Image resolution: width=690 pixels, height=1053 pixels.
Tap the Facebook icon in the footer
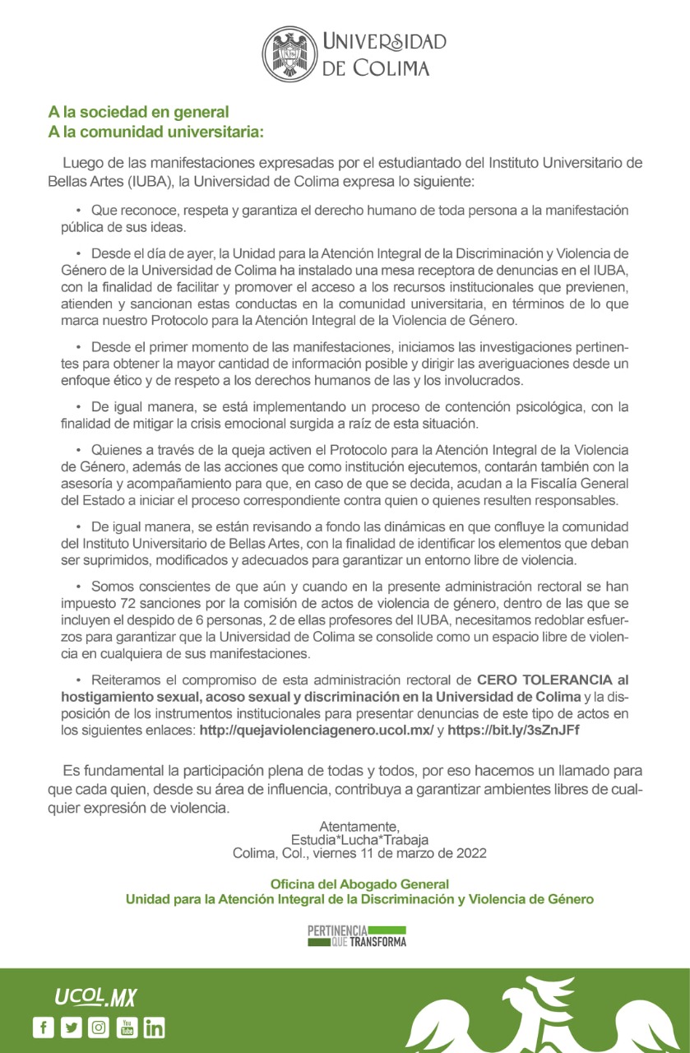pyautogui.click(x=43, y=1027)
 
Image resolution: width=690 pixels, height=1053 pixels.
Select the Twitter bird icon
pyautogui.click(x=71, y=1027)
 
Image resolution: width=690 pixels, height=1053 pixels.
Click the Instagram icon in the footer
pyautogui.click(x=99, y=1027)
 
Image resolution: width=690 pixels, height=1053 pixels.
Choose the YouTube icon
pyautogui.click(x=127, y=1027)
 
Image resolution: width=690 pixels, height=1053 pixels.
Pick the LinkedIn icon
pyautogui.click(x=155, y=1027)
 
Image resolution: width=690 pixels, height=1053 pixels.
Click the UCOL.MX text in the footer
pyautogui.click(x=95, y=998)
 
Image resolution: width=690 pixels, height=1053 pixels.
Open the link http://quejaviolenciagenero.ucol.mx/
pyautogui.click(x=317, y=730)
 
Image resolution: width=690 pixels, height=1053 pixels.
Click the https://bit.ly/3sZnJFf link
pyautogui.click(x=513, y=730)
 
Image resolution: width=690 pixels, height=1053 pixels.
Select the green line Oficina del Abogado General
pyautogui.click(x=359, y=884)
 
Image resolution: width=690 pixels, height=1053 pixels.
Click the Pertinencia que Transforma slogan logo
pyautogui.click(x=357, y=935)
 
